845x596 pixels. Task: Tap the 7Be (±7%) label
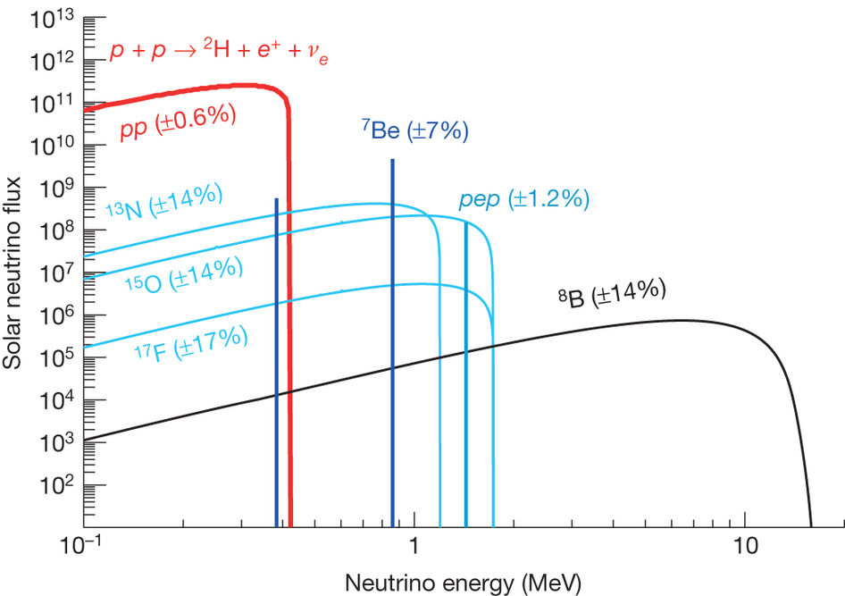click(x=414, y=131)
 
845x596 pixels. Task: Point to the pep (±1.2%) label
click(x=523, y=199)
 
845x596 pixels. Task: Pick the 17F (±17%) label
click(x=190, y=340)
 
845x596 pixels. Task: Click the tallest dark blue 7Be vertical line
click(x=392, y=340)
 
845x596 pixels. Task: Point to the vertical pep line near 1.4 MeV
click(x=466, y=375)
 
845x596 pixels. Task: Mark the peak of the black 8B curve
click(x=679, y=320)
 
